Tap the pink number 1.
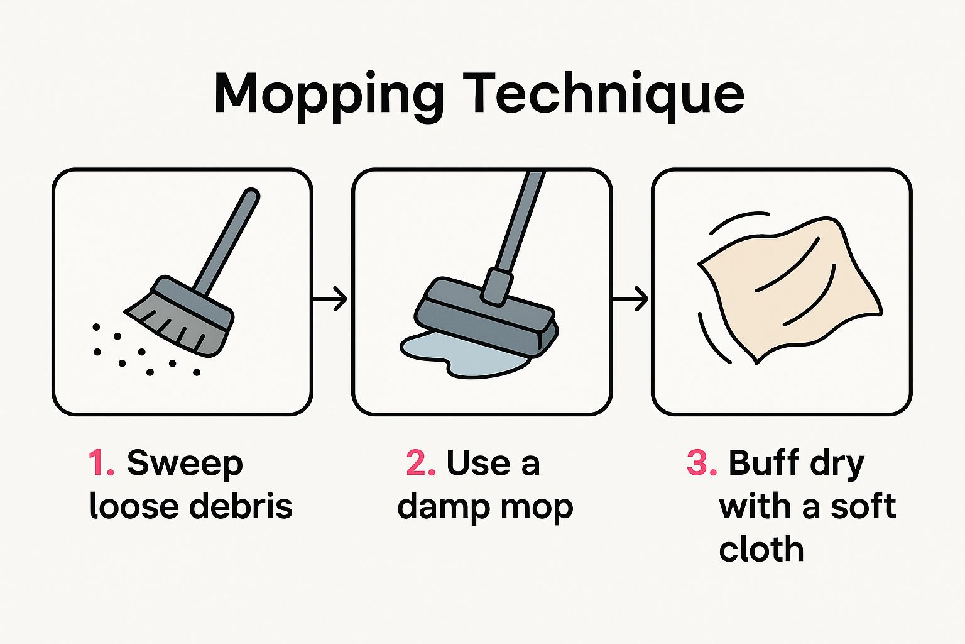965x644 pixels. point(101,464)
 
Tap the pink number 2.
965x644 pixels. point(420,464)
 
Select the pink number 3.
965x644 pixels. point(701,464)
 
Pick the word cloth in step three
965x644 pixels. point(761,549)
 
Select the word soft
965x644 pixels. point(863,506)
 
